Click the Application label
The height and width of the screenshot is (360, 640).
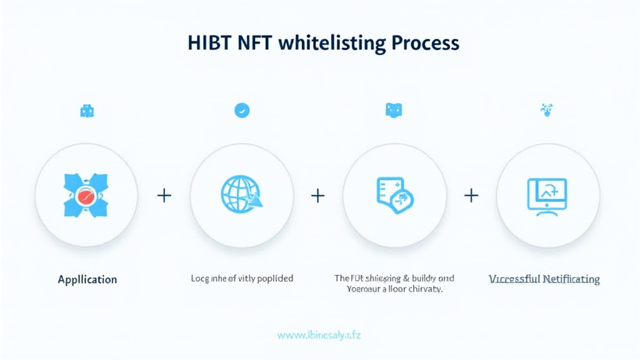pos(87,279)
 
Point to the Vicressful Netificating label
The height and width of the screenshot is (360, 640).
pos(544,279)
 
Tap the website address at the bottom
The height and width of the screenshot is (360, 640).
pos(319,335)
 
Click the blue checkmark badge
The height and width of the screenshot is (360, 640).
pos(242,111)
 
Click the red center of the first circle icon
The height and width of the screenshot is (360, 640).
pos(87,194)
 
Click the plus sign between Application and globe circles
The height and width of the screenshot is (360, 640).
pos(164,196)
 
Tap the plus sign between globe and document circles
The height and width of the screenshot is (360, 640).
pos(317,196)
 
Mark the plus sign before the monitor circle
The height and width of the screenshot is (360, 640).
pos(471,196)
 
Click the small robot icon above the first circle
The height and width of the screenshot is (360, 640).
pos(87,111)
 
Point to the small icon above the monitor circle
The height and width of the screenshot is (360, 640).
pos(546,110)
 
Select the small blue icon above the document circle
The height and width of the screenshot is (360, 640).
pos(394,111)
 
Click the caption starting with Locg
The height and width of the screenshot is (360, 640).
pos(242,278)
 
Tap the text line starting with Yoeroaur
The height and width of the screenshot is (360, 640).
pos(394,289)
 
